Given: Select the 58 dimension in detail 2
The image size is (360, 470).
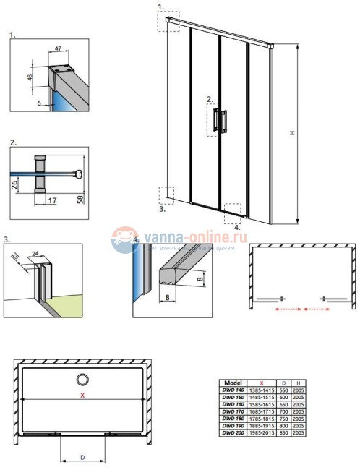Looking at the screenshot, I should coord(81,197).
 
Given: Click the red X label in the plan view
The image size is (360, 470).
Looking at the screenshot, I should coord(83,396).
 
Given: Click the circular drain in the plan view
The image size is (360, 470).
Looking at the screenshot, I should coord(82,379).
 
